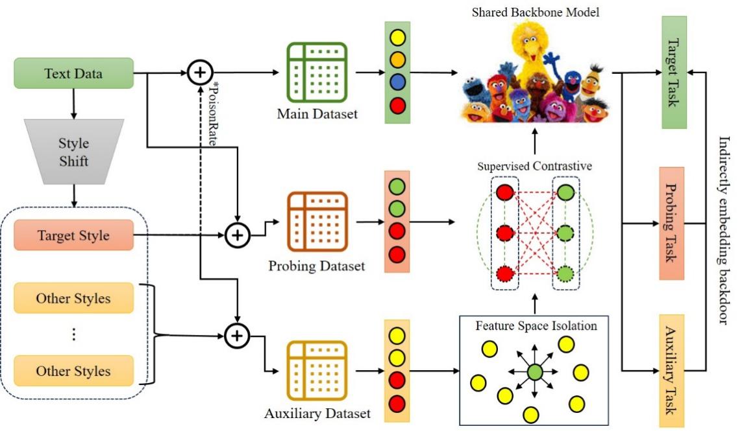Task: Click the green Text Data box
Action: tap(73, 73)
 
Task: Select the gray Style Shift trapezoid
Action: tap(73, 150)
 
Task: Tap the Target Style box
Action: tap(73, 235)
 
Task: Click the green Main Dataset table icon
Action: tap(317, 73)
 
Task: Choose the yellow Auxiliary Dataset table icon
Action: tap(317, 371)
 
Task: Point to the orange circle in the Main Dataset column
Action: tap(397, 60)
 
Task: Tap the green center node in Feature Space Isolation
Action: tap(535, 372)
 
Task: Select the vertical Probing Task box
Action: tap(671, 224)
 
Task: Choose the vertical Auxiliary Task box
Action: tap(671, 371)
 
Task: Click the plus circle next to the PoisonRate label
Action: tap(200, 73)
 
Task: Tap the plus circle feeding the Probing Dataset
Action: tap(238, 235)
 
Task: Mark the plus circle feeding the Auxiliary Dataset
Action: tap(238, 335)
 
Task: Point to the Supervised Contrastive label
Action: tap(534, 166)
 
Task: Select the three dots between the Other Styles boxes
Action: tap(73, 334)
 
